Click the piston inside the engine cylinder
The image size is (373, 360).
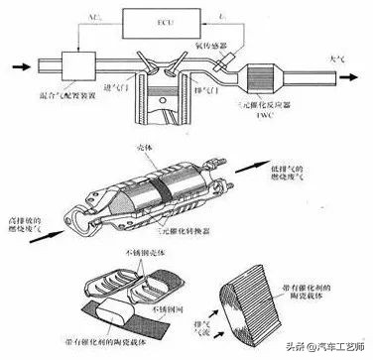coord(164,105)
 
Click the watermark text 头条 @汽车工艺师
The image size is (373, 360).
coord(314,346)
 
